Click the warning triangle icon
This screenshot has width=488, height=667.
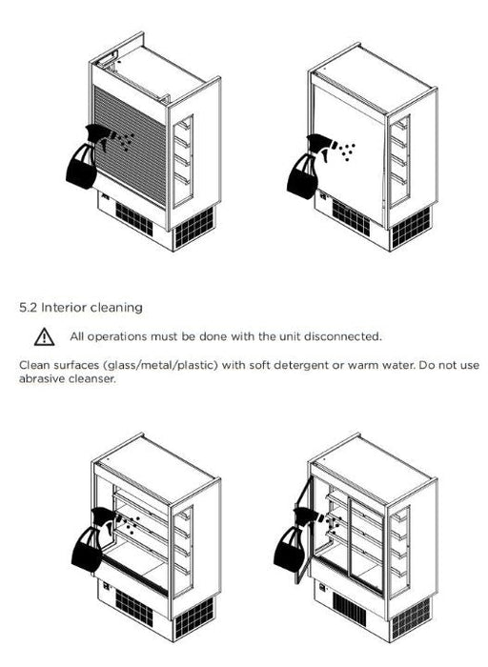click(x=44, y=337)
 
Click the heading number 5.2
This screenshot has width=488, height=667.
click(x=28, y=308)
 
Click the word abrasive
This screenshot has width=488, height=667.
click(x=42, y=379)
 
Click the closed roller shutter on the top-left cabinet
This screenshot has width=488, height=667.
click(x=130, y=146)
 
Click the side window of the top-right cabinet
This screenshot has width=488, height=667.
click(x=399, y=161)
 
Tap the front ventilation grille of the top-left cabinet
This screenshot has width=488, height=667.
click(x=134, y=218)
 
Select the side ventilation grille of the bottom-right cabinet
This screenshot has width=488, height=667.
click(x=411, y=618)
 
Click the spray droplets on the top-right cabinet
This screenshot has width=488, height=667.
click(x=348, y=151)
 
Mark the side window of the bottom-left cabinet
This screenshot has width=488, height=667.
click(x=183, y=552)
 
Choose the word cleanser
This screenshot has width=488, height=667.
click(x=91, y=379)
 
